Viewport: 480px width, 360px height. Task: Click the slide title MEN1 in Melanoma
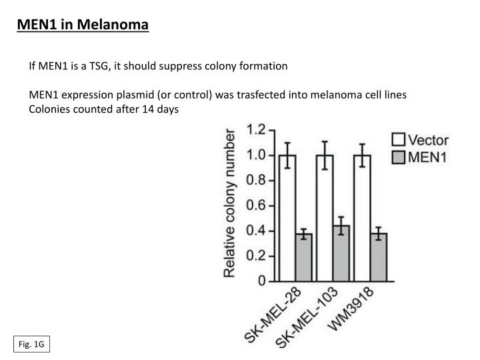pos(83,26)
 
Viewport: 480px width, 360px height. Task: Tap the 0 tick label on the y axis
pos(263,281)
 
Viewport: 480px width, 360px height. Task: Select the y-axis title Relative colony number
pos(229,203)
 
